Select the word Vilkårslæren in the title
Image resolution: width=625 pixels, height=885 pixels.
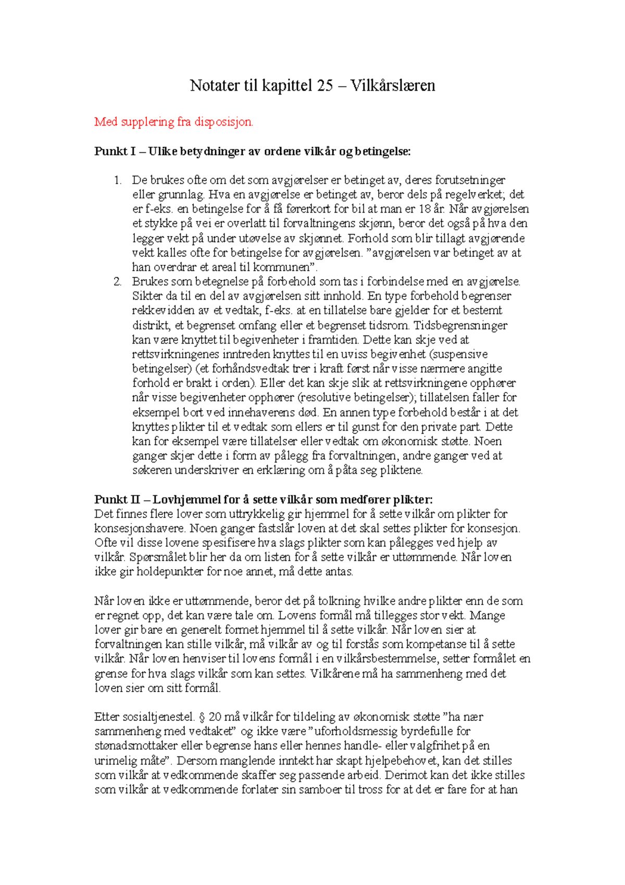(x=393, y=85)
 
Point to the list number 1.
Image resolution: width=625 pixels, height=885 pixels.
(x=117, y=180)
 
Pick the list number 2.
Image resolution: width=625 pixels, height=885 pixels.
(x=117, y=281)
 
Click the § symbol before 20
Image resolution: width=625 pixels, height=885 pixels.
(x=202, y=717)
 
